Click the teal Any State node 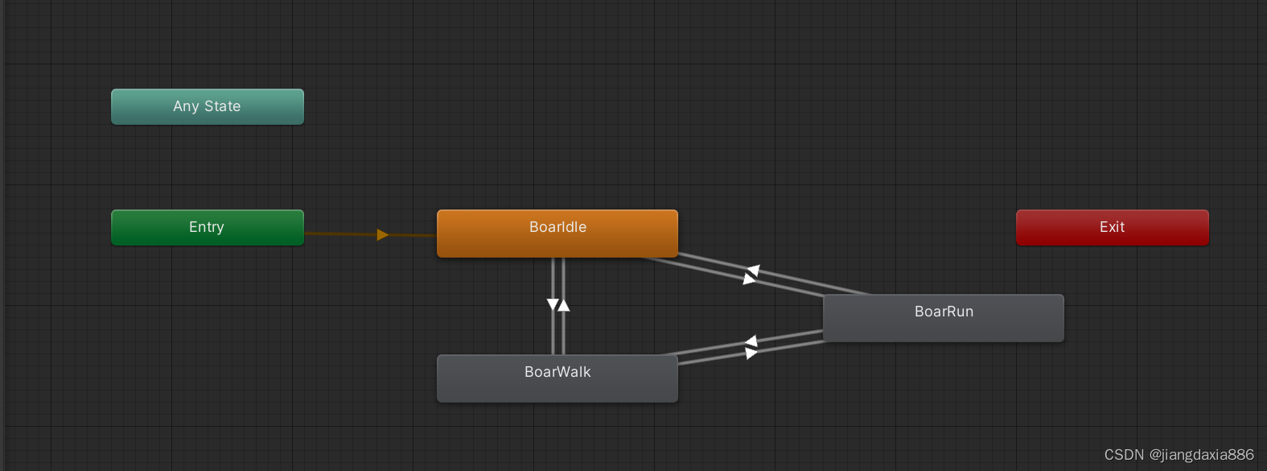point(207,107)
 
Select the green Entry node point(207,228)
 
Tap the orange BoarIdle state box point(557,233)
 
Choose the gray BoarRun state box point(943,318)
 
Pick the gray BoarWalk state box point(557,378)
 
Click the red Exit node point(1112,228)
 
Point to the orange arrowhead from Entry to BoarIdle point(382,235)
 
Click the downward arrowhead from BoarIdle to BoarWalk point(553,304)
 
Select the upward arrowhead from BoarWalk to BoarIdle point(564,305)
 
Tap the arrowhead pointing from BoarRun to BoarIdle point(754,271)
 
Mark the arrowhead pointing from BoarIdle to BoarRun point(749,279)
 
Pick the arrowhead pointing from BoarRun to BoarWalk point(751,341)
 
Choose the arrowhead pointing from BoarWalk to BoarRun point(751,353)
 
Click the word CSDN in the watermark point(1124,455)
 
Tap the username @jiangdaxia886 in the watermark point(1201,455)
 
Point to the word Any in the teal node point(186,106)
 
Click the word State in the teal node point(222,106)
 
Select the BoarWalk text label point(557,372)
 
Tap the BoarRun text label point(944,312)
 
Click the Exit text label point(1112,227)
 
